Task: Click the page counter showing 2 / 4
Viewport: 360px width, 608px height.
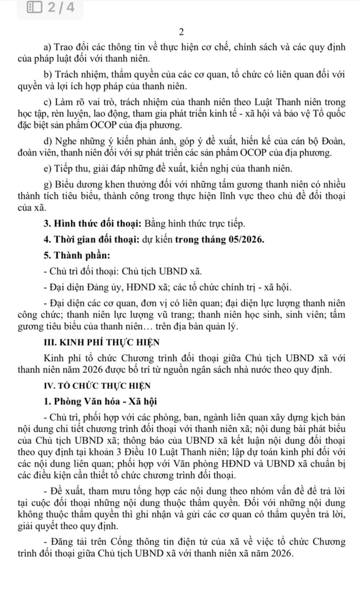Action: click(x=60, y=8)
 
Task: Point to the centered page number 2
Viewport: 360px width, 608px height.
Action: click(x=181, y=31)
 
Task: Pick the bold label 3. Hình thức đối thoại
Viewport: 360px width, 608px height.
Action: click(x=93, y=223)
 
